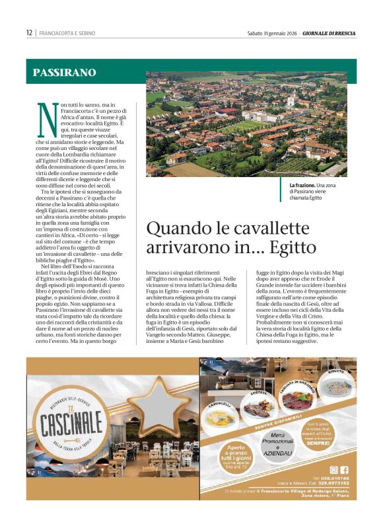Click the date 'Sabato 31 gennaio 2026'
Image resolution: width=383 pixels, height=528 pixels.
[x=273, y=33]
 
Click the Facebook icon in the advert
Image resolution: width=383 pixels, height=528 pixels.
[x=344, y=470]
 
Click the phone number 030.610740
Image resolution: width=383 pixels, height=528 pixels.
[x=333, y=478]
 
